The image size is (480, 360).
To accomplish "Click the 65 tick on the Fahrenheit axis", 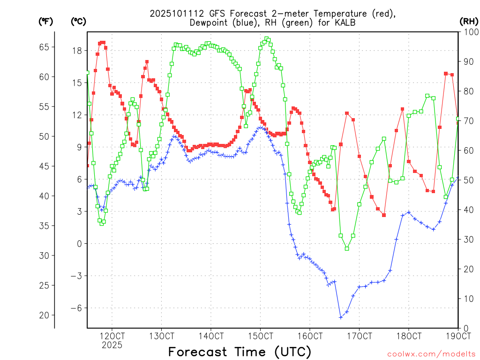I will click(44, 47).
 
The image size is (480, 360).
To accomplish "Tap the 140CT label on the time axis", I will click(210, 336).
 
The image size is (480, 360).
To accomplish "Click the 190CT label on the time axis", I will click(458, 336).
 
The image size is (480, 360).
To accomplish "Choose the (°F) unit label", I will click(45, 21).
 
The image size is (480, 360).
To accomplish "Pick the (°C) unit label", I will click(78, 21).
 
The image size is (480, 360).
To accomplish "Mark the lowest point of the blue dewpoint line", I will click(341, 317).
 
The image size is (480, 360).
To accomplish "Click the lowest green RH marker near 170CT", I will click(347, 248).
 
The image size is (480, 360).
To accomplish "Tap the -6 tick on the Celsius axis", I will click(76, 308).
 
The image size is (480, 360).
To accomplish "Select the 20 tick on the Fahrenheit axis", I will click(44, 315).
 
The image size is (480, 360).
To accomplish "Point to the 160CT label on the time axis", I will click(310, 336).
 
